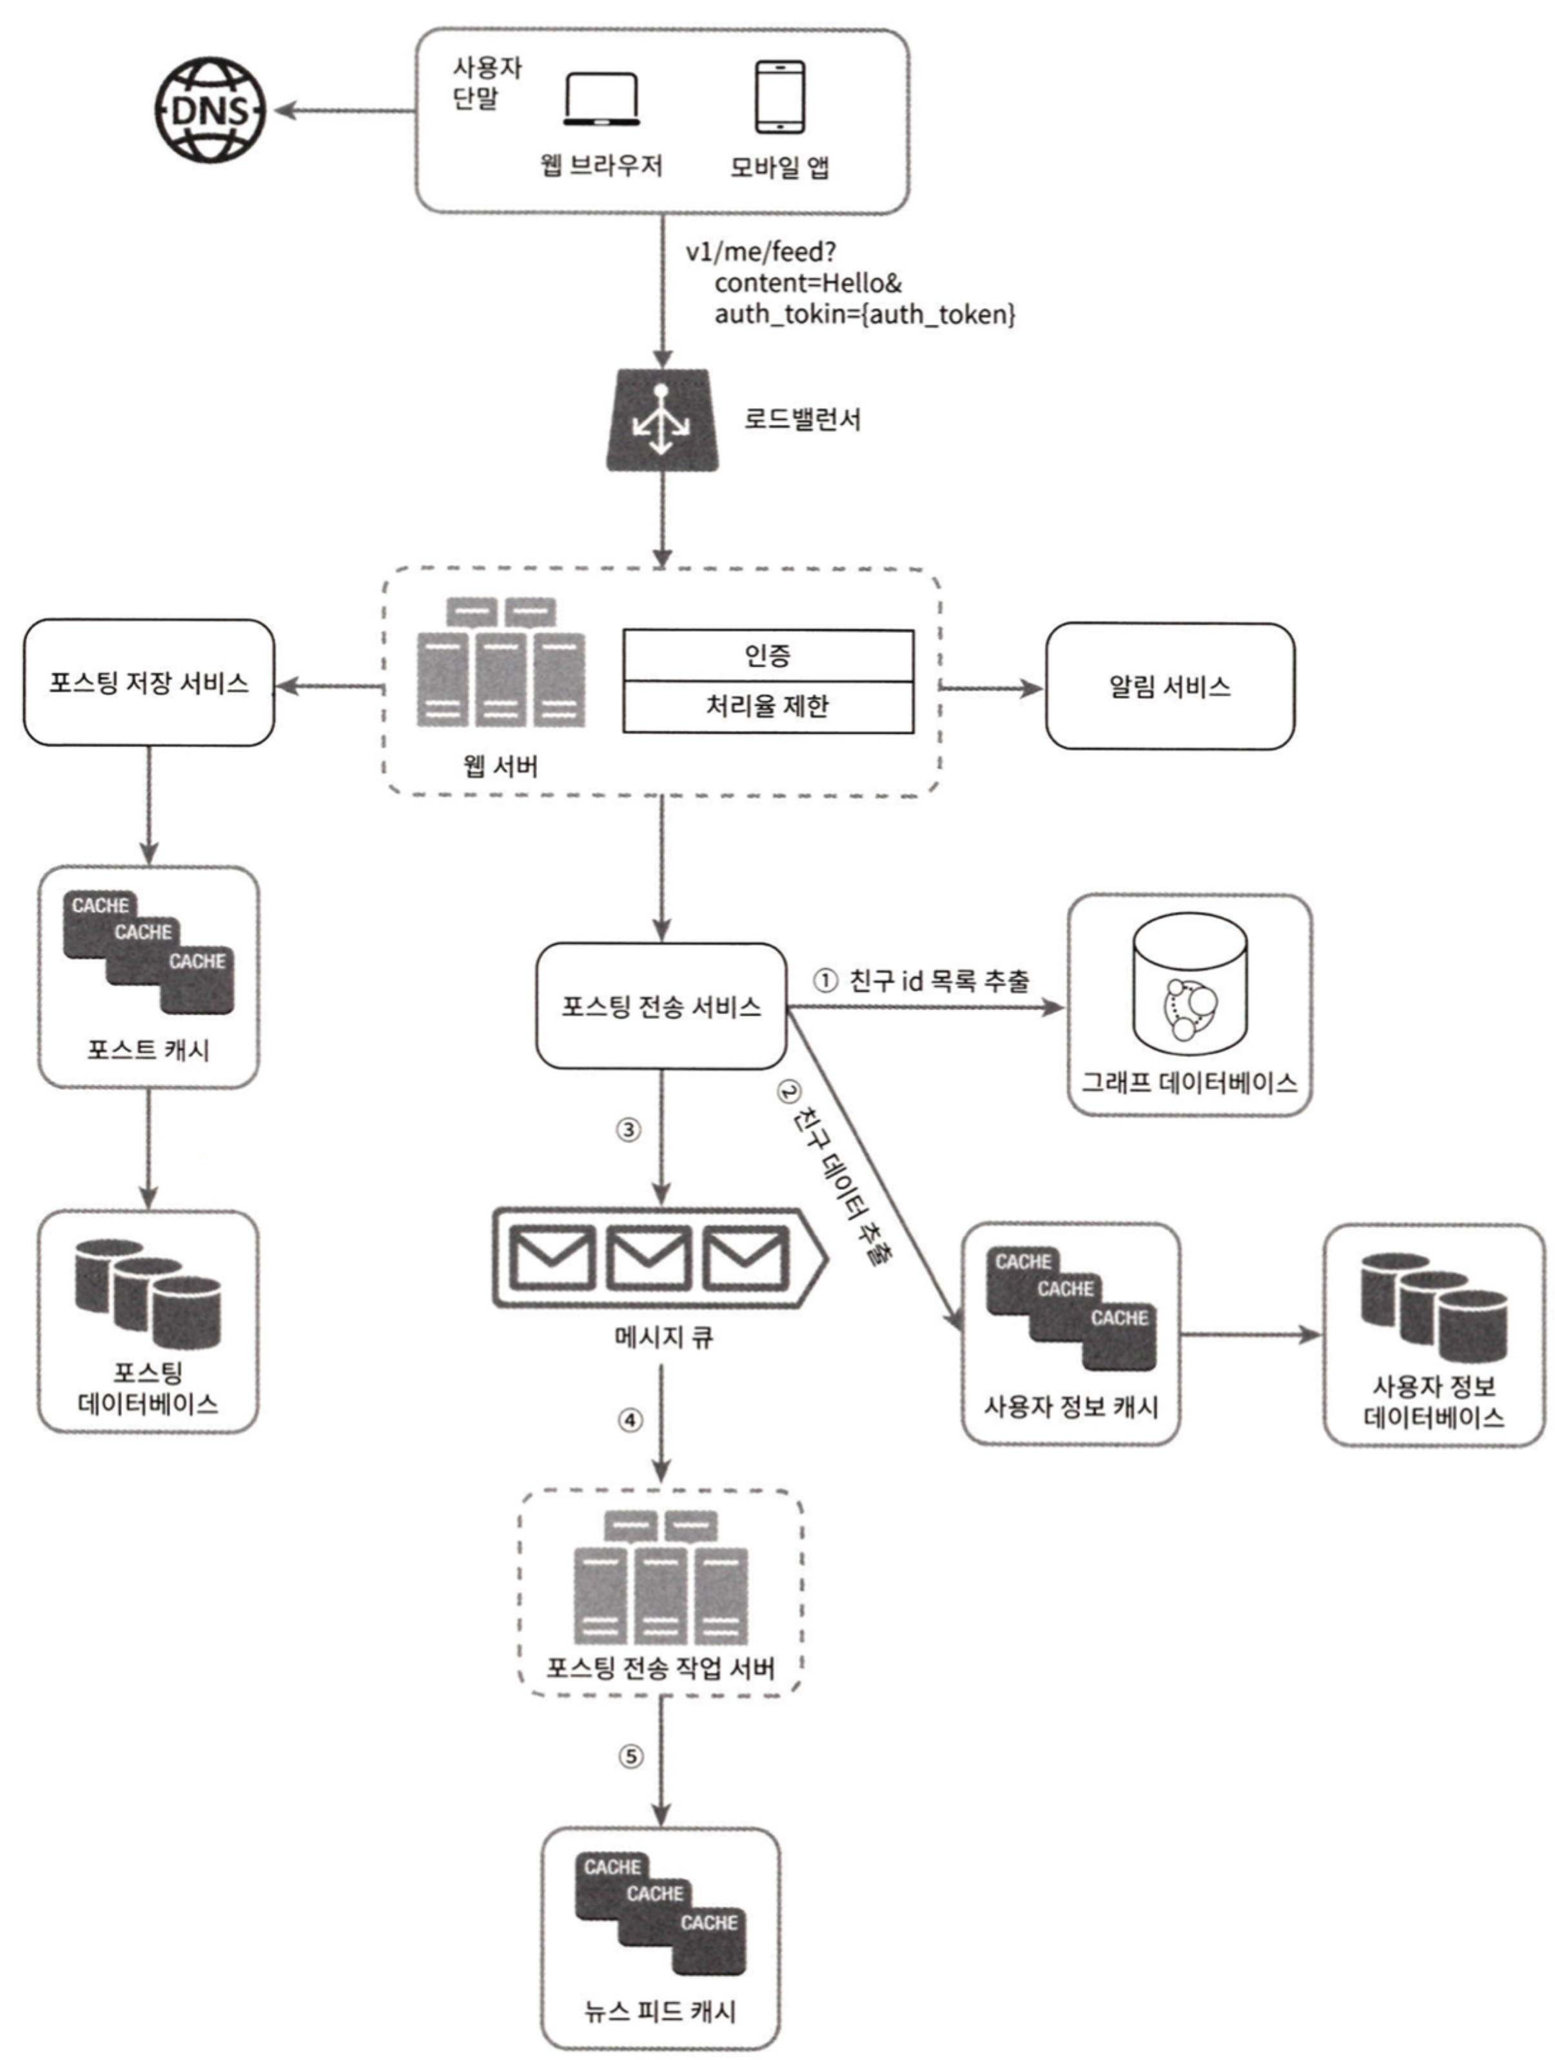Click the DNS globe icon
coord(210,110)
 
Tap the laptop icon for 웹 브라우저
coord(601,100)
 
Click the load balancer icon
coord(661,420)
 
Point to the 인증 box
coord(768,656)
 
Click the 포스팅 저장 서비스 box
coord(149,683)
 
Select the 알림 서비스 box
coord(1169,686)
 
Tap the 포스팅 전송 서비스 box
coord(661,1006)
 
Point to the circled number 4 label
coord(631,1420)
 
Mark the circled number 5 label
coord(631,1756)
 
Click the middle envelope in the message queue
coord(649,1258)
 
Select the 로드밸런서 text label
coord(802,419)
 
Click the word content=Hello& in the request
coord(808,283)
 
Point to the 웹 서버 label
coord(500,766)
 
